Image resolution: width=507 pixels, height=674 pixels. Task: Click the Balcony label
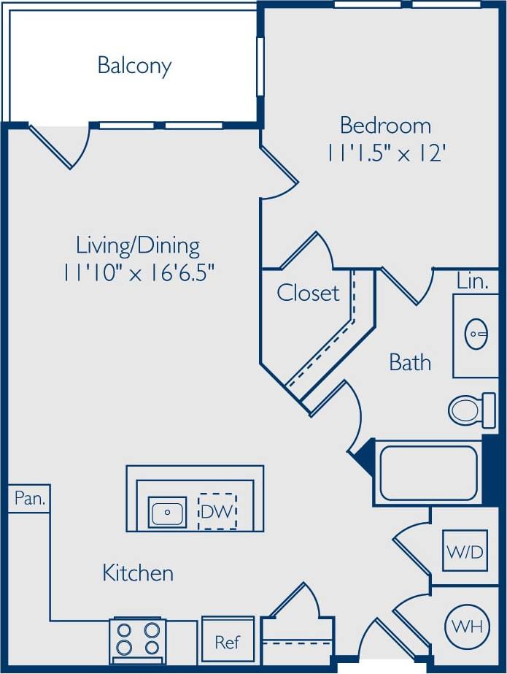point(134,66)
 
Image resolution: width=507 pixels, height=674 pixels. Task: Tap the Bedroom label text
point(385,126)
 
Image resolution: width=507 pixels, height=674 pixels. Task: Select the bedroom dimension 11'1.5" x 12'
point(385,153)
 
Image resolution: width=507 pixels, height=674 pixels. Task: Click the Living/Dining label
point(138,245)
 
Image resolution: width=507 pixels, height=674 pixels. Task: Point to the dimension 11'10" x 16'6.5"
point(138,273)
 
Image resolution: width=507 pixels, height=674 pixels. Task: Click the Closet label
point(308,294)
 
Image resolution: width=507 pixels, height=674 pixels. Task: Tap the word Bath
point(410,362)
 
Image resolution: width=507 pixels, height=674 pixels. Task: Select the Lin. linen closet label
point(473,282)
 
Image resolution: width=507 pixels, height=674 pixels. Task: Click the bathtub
point(428,472)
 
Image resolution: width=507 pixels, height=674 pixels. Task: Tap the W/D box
point(465,551)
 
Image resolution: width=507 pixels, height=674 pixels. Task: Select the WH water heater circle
point(465,626)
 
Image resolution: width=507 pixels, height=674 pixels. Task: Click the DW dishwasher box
point(217,512)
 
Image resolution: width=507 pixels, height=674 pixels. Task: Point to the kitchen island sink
point(168,512)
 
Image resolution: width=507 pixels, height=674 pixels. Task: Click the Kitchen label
point(138,573)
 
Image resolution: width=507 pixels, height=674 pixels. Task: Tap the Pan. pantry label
point(30,499)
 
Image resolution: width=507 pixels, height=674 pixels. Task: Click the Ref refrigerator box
point(227,642)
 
